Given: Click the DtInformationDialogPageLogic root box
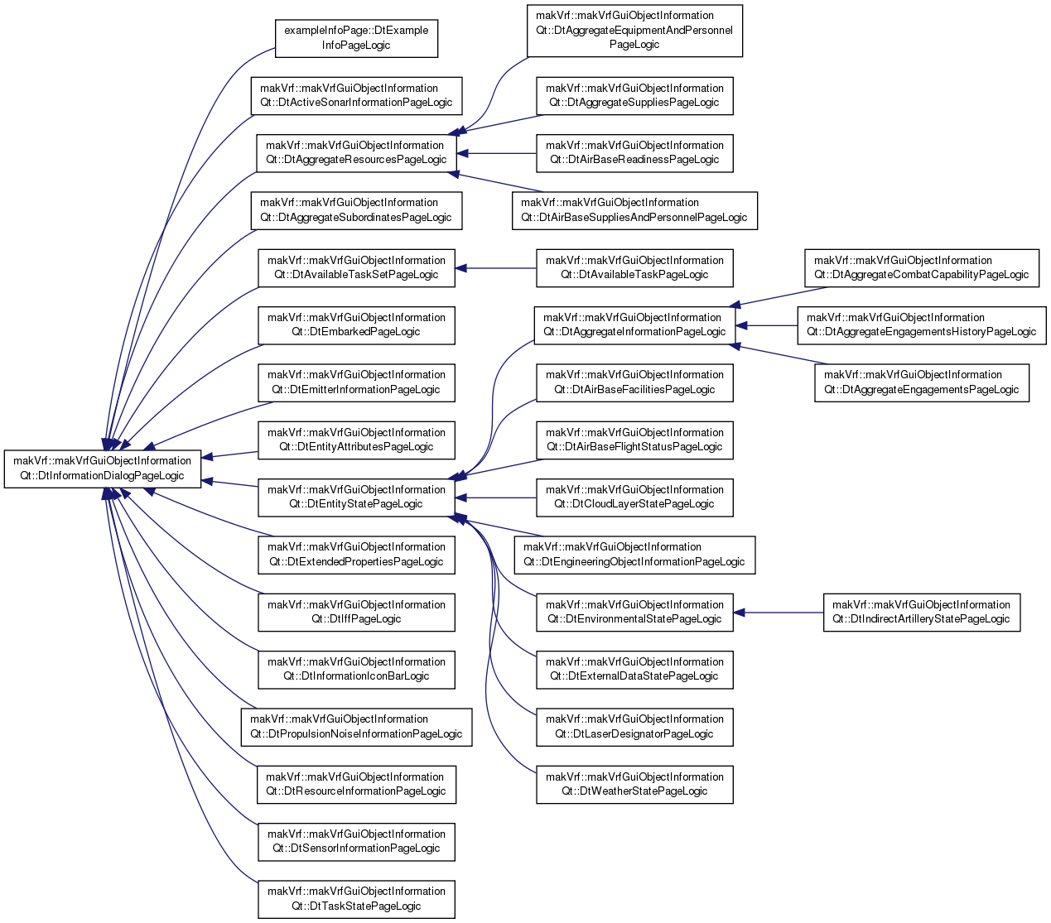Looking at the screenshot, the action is (x=102, y=469).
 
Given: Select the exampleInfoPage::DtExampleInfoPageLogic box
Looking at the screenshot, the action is (x=356, y=38).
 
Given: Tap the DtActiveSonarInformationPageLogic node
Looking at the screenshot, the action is (x=356, y=96).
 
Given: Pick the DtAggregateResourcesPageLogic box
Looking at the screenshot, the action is (x=356, y=153).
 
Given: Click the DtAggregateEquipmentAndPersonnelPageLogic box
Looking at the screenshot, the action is (x=634, y=31).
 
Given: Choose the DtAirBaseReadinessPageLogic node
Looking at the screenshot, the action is (x=634, y=153).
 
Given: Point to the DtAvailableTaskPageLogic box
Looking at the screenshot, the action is (x=634, y=268).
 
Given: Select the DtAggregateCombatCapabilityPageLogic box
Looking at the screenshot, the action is (x=922, y=268).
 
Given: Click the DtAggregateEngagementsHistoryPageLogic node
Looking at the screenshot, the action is (x=922, y=325).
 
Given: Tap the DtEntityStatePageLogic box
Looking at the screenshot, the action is (x=356, y=498).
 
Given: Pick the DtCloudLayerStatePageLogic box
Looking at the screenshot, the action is (x=634, y=498).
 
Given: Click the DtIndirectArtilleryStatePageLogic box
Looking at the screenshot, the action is (x=922, y=613).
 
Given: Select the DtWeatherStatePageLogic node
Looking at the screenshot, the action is (x=634, y=785).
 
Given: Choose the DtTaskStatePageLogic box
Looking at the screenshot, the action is (x=356, y=900).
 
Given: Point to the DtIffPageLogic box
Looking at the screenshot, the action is (x=356, y=613).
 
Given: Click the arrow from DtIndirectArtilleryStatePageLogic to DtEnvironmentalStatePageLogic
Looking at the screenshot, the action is (x=779, y=613).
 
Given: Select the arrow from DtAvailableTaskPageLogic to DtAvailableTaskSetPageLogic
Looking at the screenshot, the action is (x=495, y=268).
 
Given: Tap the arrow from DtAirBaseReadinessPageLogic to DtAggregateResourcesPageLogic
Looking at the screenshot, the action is (x=496, y=153).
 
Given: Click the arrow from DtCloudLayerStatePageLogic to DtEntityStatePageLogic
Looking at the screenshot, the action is (x=495, y=498).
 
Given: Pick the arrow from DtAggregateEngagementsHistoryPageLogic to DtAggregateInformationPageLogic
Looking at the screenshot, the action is (x=766, y=325).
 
